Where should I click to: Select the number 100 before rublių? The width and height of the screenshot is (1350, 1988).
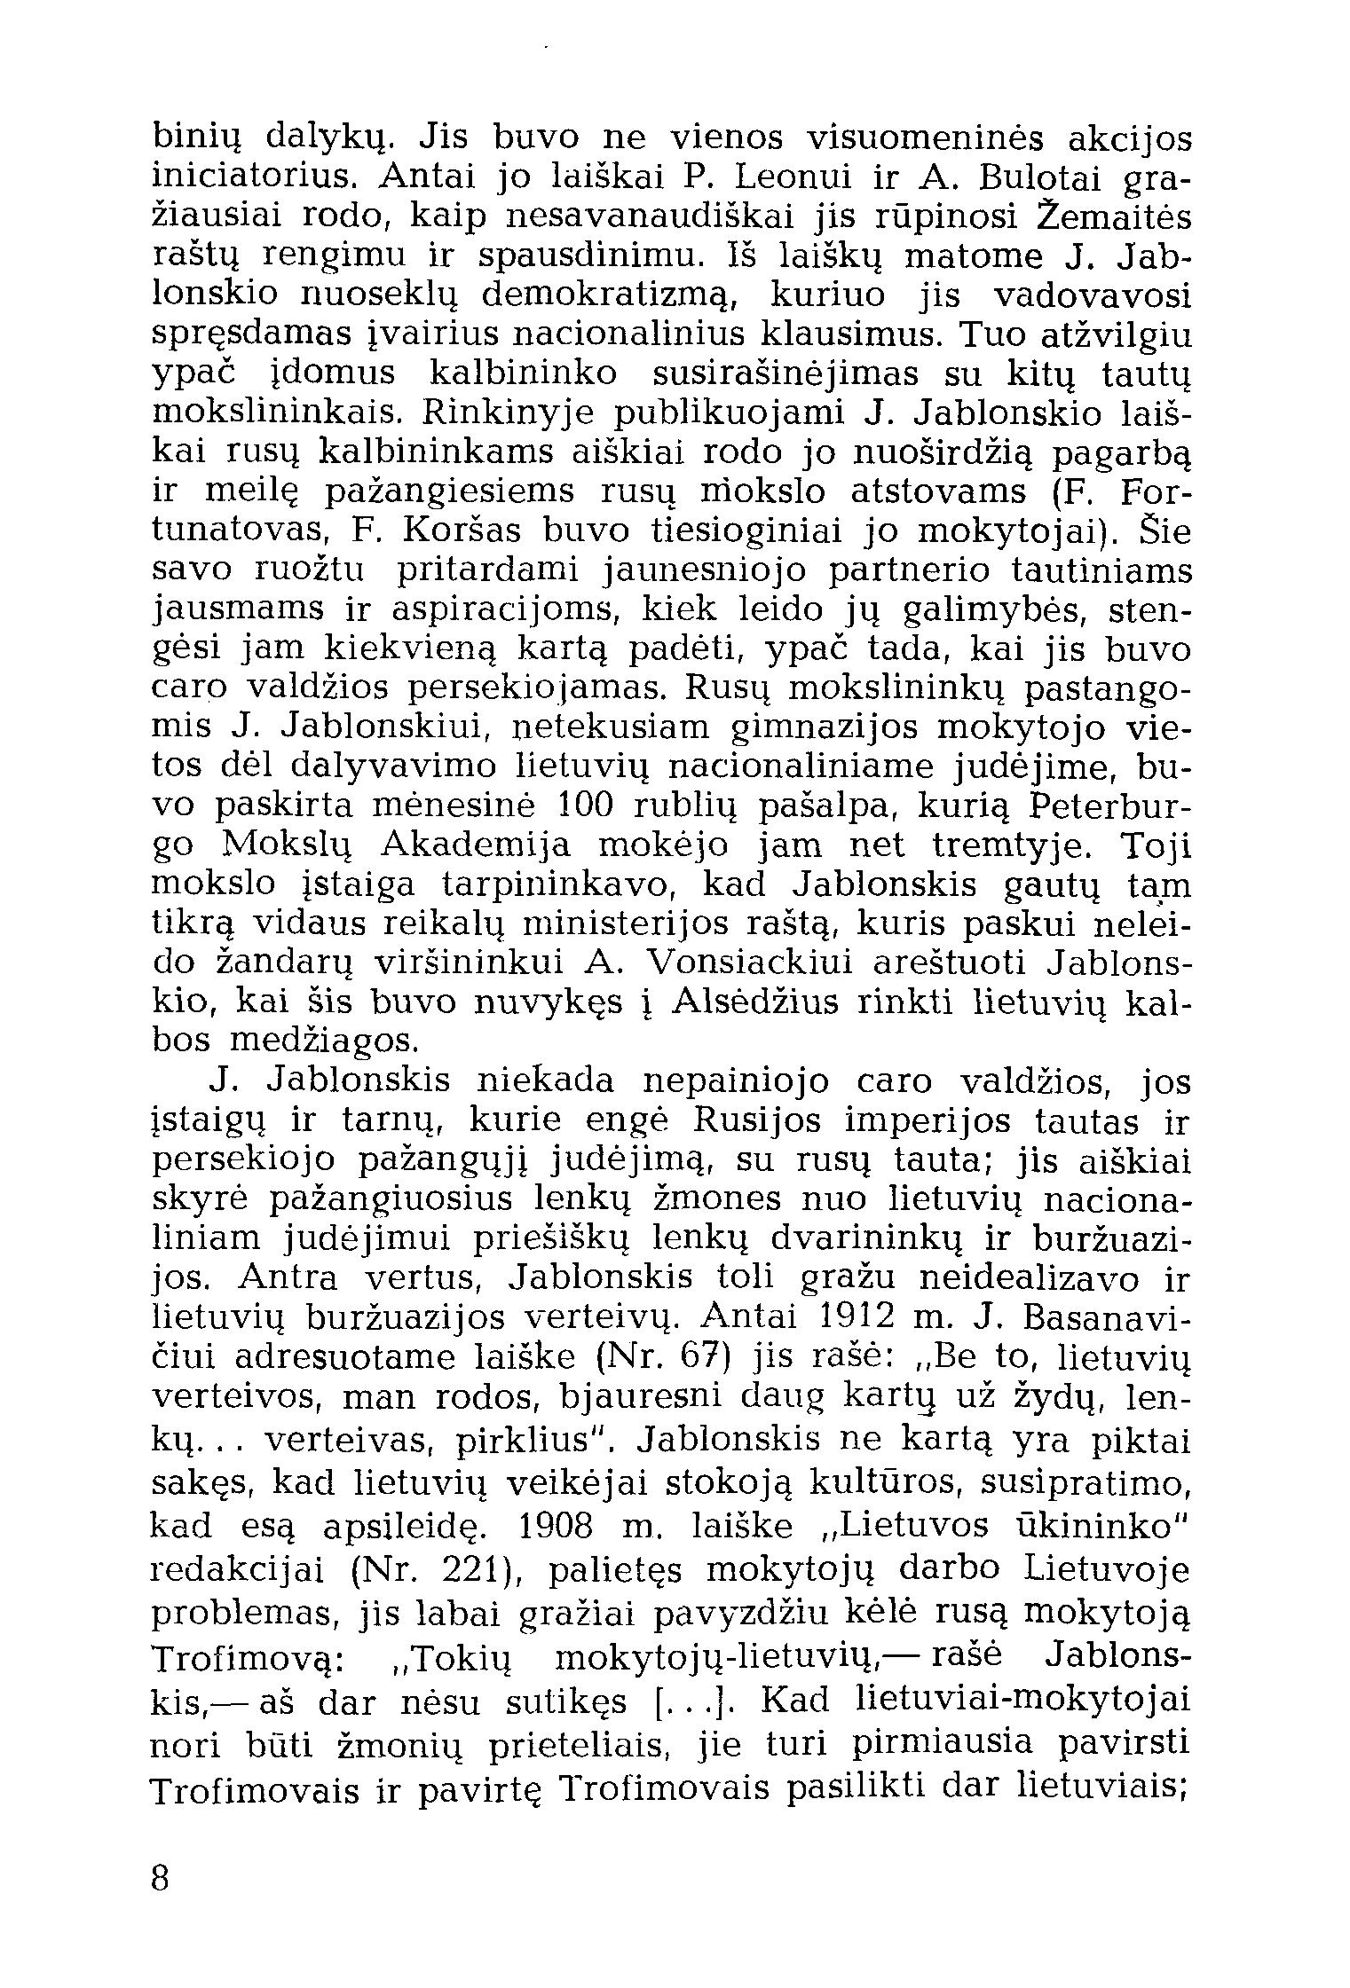tap(596, 805)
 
